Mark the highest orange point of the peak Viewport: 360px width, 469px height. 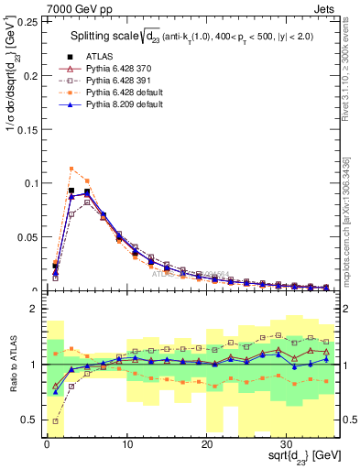coord(71,169)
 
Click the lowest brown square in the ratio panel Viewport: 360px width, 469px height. coord(56,421)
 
